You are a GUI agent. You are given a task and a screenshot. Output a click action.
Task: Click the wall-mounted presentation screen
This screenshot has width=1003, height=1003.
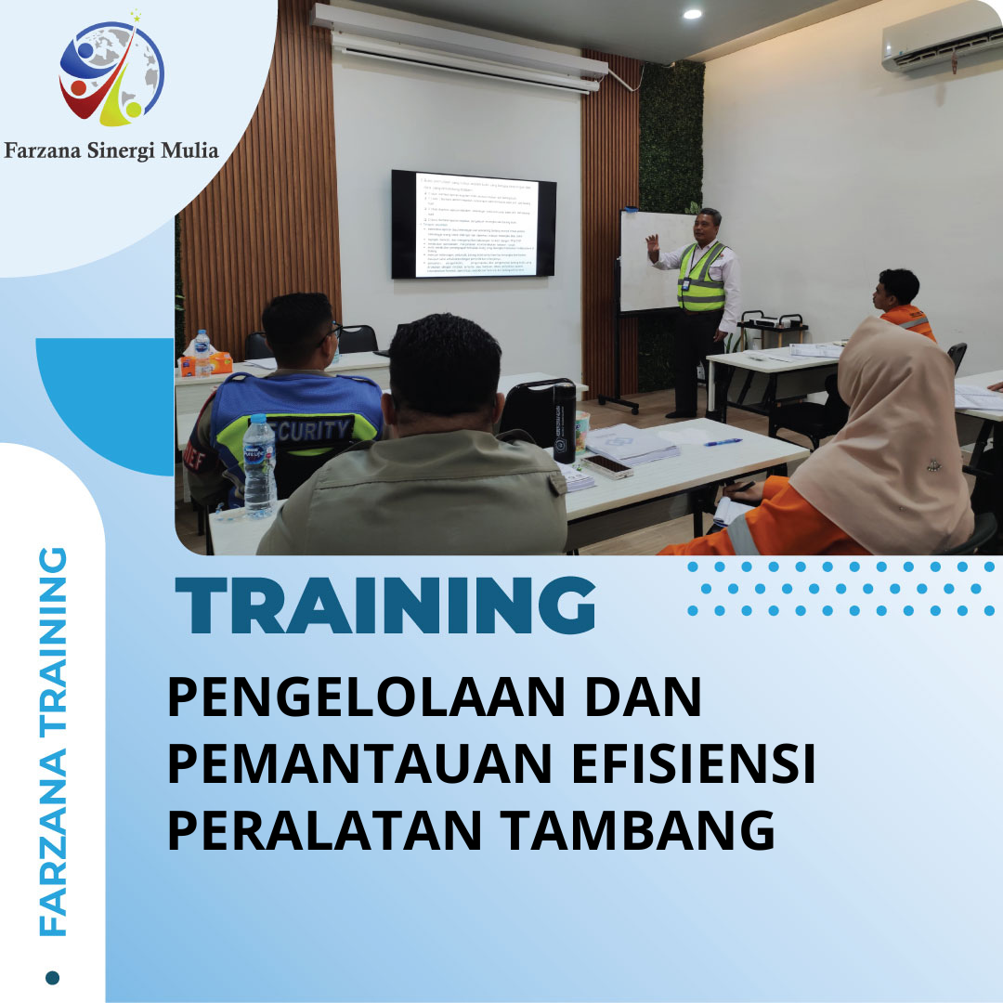click(x=473, y=224)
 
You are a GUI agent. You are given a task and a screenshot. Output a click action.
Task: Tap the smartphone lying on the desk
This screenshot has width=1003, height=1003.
click(x=607, y=465)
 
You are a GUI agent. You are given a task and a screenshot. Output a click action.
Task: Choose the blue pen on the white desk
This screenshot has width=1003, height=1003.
click(x=723, y=442)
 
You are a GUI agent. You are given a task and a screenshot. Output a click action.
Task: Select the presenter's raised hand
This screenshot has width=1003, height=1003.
click(x=653, y=246)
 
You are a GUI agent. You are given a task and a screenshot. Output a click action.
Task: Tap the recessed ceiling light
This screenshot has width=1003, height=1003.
click(x=692, y=14)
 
